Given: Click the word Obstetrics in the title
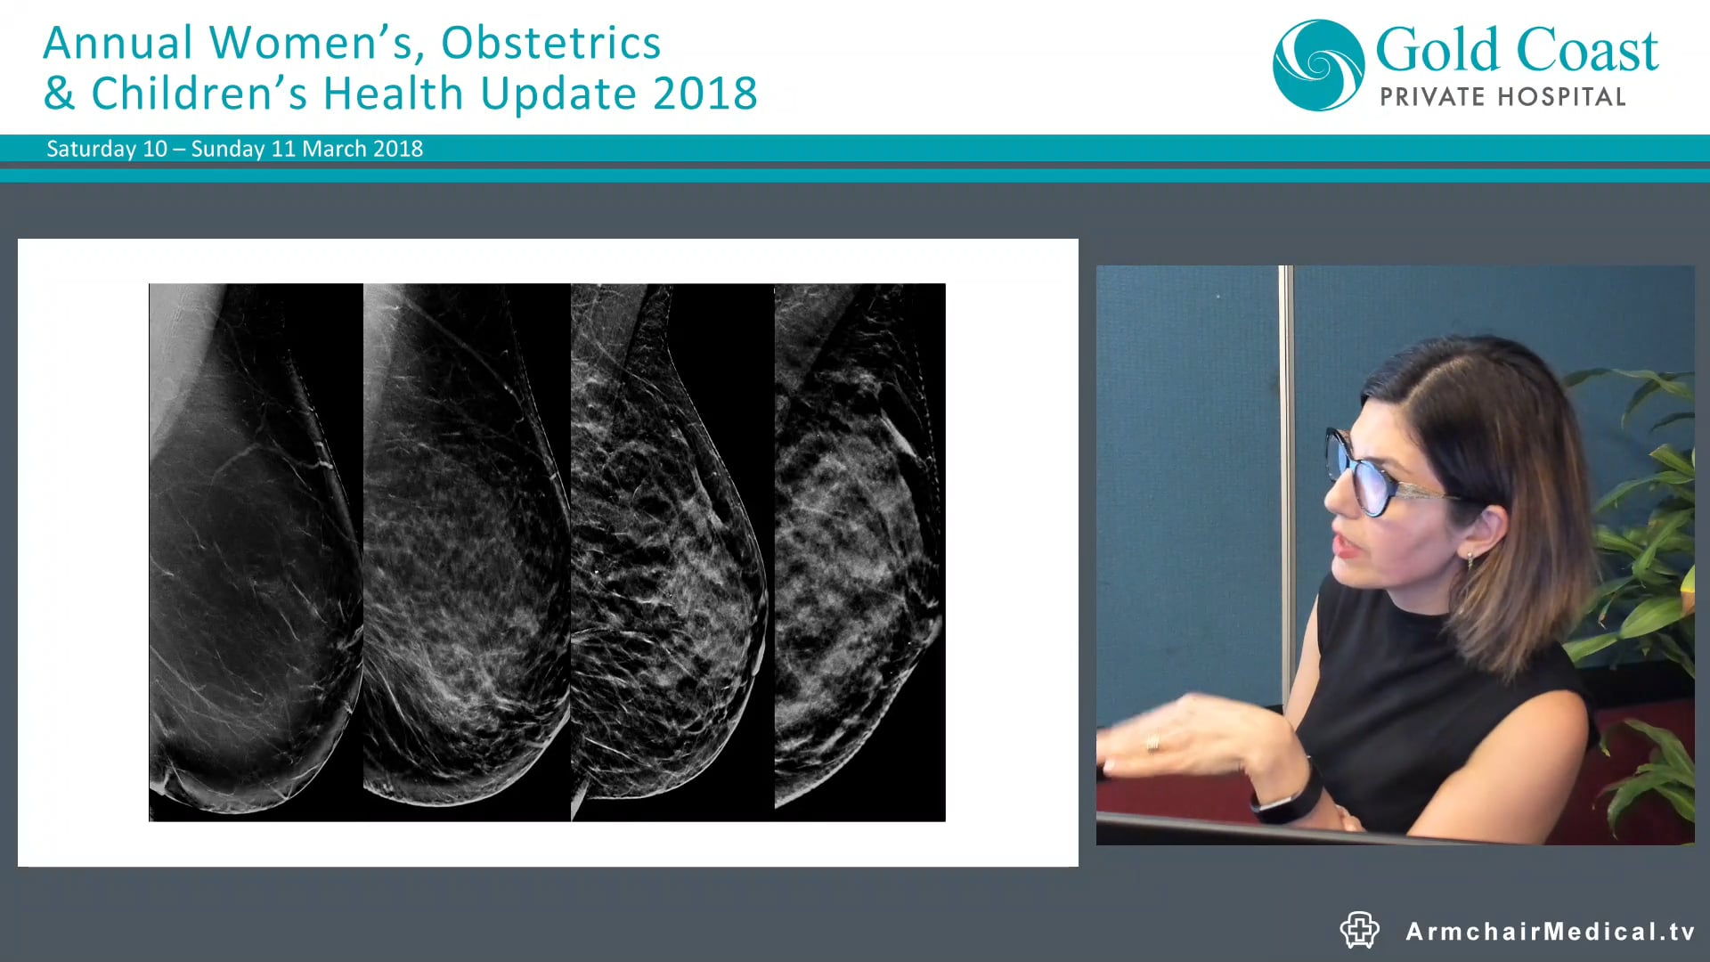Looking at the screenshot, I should [550, 43].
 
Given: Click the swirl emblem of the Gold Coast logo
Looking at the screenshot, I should [1318, 65].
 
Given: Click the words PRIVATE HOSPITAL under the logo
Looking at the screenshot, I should [1502, 96].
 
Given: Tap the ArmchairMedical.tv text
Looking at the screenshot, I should [1550, 932].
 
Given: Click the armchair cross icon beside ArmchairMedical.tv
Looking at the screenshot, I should [1359, 930].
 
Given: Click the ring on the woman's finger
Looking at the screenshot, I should [1153, 742].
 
